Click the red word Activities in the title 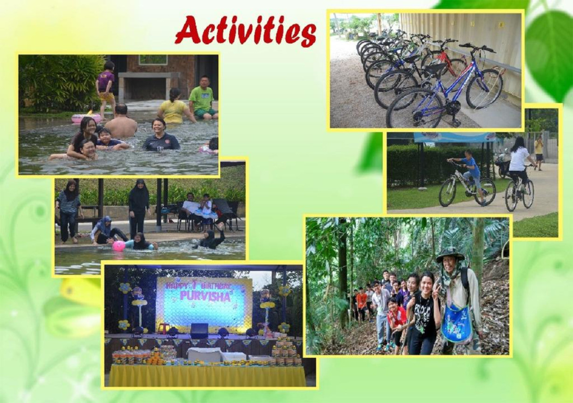click(x=246, y=31)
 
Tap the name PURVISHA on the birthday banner click(x=205, y=296)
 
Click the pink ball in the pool click(x=119, y=246)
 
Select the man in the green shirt click(x=203, y=98)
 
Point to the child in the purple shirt click(x=106, y=88)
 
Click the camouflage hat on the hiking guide click(x=450, y=255)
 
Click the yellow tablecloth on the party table click(x=207, y=375)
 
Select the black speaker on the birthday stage click(x=199, y=331)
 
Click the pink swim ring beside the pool click(x=86, y=118)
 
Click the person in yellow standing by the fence click(x=538, y=153)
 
